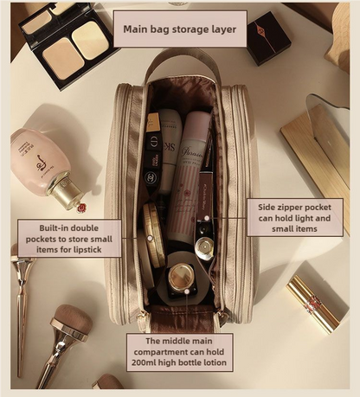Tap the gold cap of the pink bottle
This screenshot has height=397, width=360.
[66, 192]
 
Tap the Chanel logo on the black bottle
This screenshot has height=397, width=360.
[152, 178]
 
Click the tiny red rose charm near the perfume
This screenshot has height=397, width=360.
[81, 208]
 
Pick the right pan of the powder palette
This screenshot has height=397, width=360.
[91, 40]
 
